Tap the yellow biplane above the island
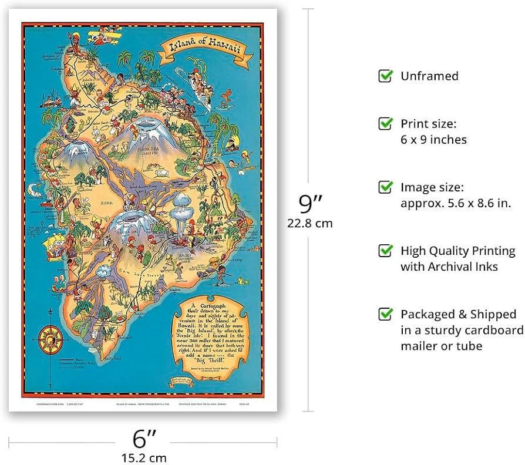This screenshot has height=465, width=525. pyautogui.click(x=100, y=33)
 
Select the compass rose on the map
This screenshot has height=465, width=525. pyautogui.click(x=51, y=339)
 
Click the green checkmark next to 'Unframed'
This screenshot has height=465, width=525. pyautogui.click(x=385, y=76)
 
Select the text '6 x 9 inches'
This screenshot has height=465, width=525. pyautogui.click(x=433, y=140)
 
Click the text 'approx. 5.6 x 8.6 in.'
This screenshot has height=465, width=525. pyautogui.click(x=456, y=203)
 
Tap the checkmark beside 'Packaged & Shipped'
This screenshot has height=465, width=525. pyautogui.click(x=385, y=314)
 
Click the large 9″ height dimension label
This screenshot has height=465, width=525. pyautogui.click(x=310, y=204)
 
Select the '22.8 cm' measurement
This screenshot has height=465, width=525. pyautogui.click(x=309, y=223)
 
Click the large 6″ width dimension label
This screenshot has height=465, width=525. pyautogui.click(x=143, y=438)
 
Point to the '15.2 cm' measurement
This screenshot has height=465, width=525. pyautogui.click(x=143, y=457)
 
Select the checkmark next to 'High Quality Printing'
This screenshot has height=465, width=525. pyautogui.click(x=385, y=251)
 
